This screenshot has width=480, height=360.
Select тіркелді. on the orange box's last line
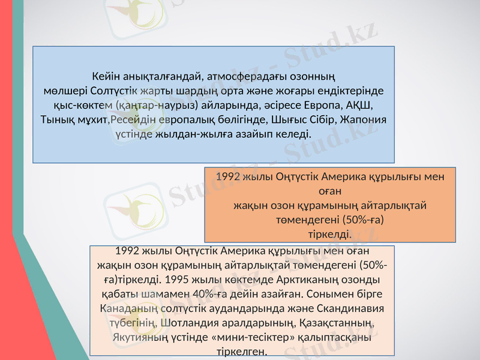[x=329, y=232]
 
